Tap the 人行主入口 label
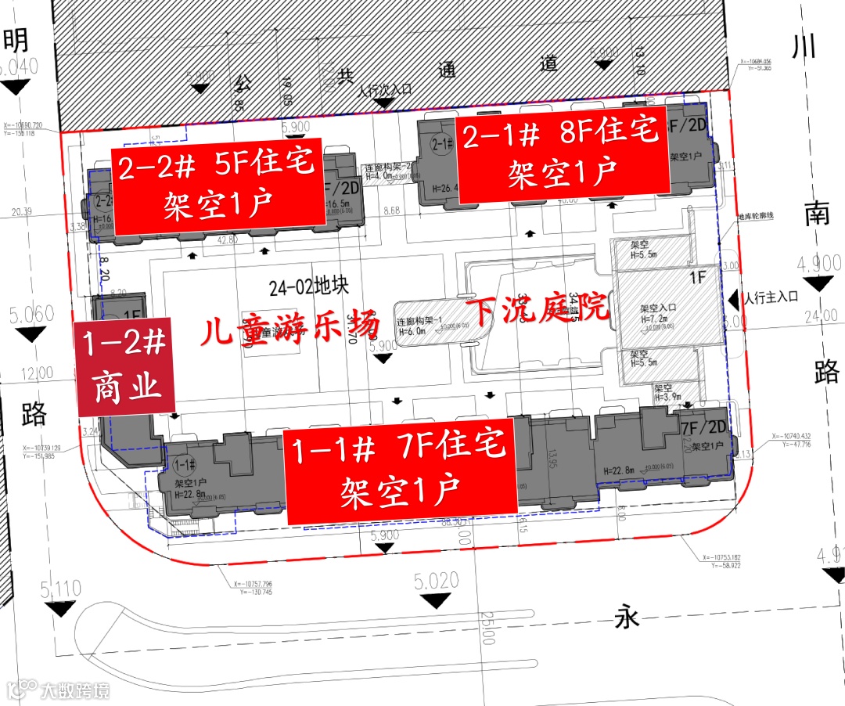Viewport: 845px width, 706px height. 772,297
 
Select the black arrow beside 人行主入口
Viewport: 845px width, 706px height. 734,298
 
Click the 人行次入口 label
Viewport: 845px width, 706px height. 384,90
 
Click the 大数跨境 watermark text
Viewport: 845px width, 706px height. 74,690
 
